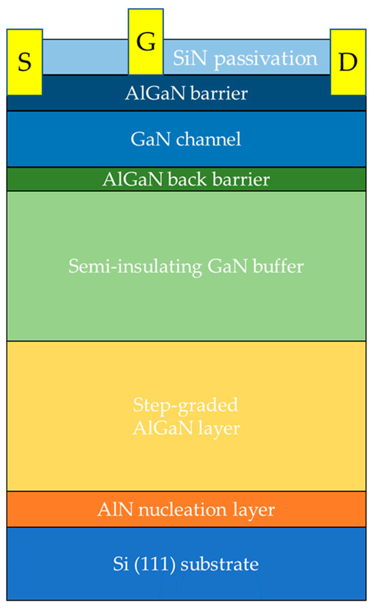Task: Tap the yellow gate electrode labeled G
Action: coord(145,41)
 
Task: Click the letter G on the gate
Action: coord(145,41)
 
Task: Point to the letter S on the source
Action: coord(24,63)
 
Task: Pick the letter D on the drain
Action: coord(347,63)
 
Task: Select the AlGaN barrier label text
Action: coord(186,93)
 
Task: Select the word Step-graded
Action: coord(186,406)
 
